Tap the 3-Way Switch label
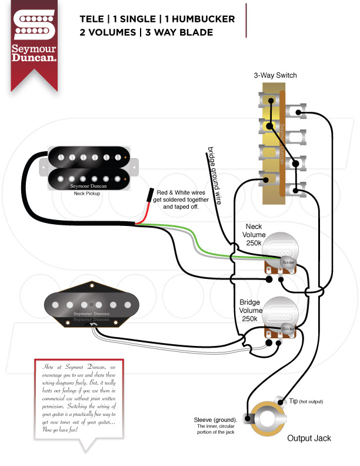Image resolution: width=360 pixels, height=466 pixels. pos(275,76)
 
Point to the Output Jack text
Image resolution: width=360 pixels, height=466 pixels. pos(308,438)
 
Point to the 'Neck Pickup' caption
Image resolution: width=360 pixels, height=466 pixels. pos(87,193)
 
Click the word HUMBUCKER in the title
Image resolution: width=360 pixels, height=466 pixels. pos(204,19)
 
